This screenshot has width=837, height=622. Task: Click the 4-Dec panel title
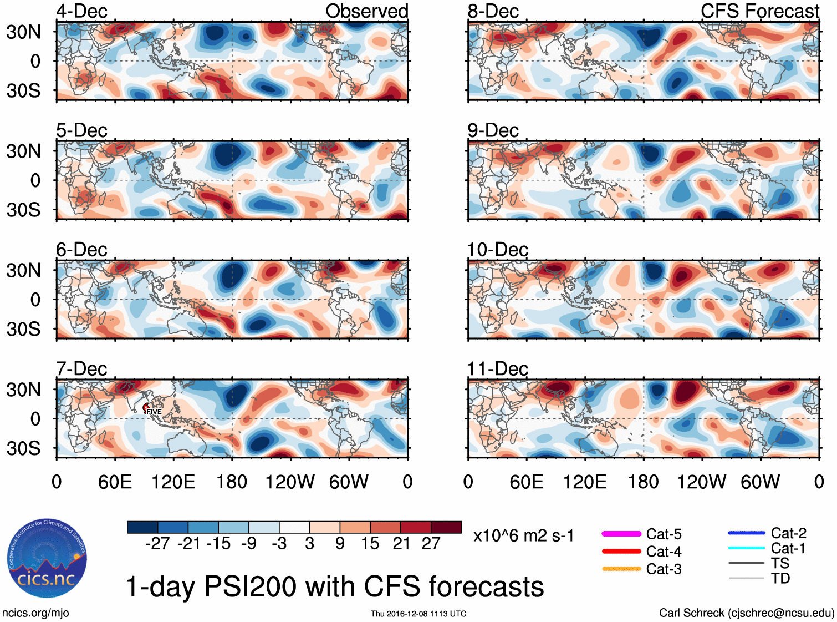81,11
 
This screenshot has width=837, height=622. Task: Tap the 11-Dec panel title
497,369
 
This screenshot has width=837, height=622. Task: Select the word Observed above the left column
366,11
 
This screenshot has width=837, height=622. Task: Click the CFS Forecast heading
759,11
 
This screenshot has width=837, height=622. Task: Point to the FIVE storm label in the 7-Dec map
154,411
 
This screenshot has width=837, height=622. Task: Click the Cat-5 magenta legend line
621,534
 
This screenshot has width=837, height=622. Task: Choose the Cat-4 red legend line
621,552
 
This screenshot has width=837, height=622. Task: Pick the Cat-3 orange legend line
621,569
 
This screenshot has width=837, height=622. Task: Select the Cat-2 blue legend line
746,533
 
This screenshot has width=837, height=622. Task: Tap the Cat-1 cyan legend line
746,548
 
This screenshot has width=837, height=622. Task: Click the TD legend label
780,578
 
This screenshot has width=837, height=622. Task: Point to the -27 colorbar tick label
157,544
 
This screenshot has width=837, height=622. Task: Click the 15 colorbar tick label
370,544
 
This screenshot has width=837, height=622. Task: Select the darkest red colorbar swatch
446,527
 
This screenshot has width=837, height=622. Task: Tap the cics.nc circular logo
47,559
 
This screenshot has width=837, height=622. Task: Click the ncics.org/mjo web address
35,613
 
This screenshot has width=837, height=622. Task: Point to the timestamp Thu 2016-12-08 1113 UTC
418,614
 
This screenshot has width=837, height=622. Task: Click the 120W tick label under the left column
290,482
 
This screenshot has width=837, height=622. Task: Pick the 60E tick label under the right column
526,482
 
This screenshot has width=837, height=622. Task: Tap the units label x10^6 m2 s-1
523,536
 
